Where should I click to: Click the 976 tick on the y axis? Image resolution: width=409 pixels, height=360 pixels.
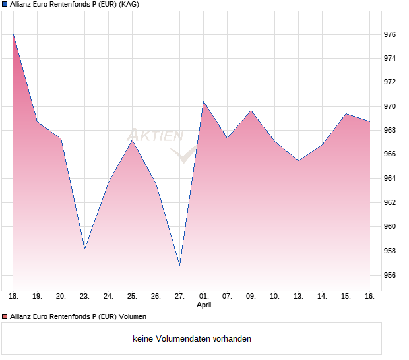click(x=391, y=34)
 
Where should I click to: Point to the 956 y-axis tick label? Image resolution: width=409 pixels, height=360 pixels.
click(x=391, y=275)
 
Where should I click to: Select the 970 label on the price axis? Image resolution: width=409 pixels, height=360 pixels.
click(x=391, y=106)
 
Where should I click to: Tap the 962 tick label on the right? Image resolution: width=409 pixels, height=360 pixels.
click(x=391, y=202)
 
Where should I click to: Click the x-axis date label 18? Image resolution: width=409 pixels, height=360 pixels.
click(x=13, y=297)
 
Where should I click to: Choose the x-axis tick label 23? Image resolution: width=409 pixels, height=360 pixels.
click(x=84, y=297)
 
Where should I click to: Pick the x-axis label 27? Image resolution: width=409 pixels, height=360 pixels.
click(x=179, y=297)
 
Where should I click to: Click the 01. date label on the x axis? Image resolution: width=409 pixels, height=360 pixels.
click(x=203, y=297)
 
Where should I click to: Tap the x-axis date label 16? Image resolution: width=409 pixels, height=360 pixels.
click(x=369, y=297)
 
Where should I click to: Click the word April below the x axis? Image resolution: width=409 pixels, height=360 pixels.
click(x=204, y=305)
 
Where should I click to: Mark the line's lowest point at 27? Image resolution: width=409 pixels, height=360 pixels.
click(x=179, y=265)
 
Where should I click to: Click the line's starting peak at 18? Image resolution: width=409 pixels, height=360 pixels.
click(x=13, y=34)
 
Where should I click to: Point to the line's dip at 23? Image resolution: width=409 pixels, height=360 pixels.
click(x=84, y=249)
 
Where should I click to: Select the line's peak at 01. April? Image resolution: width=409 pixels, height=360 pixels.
click(x=203, y=101)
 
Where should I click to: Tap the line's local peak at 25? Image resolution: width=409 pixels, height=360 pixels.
click(x=132, y=140)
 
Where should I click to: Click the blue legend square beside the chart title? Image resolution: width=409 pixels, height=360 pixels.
click(x=5, y=4)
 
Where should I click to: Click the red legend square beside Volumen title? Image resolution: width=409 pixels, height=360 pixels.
click(x=5, y=317)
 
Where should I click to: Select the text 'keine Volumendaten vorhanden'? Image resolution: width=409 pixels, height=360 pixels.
click(x=191, y=339)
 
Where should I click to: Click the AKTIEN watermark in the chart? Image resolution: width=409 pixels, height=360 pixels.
click(x=156, y=136)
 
